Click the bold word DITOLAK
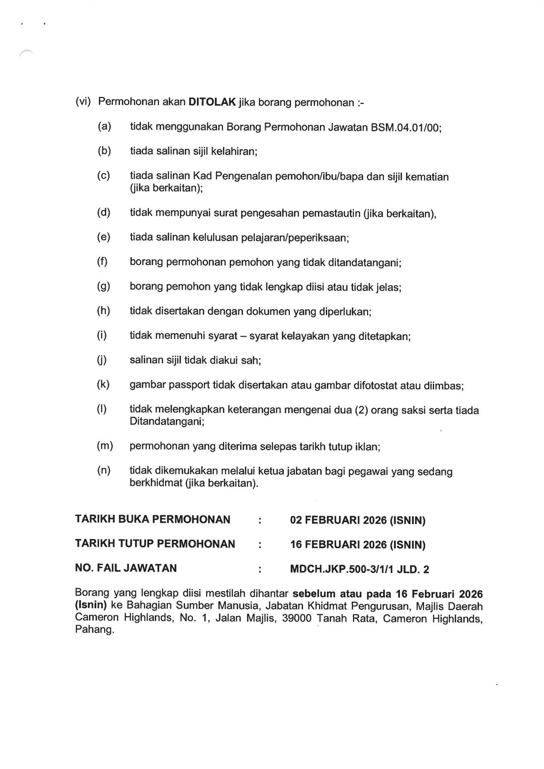tap(212, 102)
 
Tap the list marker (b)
tap(104, 151)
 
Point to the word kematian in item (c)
tap(429, 176)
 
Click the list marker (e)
tap(104, 237)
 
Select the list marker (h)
tap(104, 311)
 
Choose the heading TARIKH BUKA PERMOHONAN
tap(153, 519)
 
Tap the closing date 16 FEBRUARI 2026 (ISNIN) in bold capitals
tap(357, 544)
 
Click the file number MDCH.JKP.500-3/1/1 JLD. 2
tap(359, 569)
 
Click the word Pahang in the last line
tap(94, 630)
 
